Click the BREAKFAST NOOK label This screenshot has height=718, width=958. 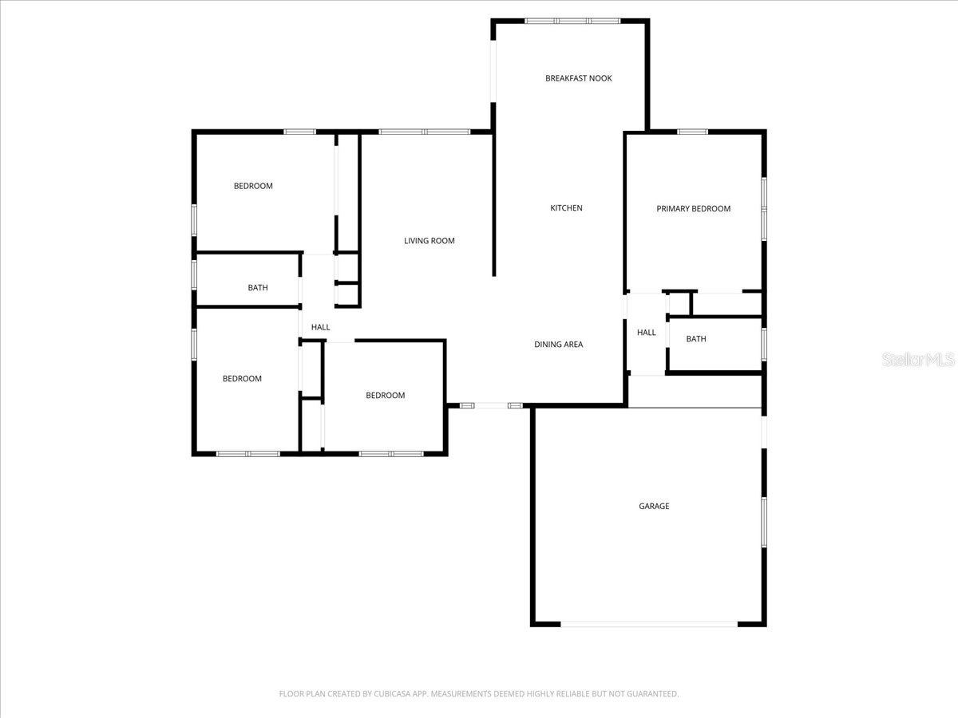[578, 78]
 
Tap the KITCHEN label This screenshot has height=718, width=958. [566, 208]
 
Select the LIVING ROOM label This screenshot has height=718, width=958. [429, 241]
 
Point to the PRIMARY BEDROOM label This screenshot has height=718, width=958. [693, 209]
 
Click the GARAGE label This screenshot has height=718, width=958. [653, 507]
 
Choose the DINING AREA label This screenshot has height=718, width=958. [558, 345]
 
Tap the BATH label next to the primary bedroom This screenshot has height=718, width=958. [696, 339]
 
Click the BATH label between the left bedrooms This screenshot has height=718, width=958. [257, 288]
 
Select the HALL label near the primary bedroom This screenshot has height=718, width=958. [646, 333]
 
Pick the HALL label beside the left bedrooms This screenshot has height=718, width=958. [320, 327]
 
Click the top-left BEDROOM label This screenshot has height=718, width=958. [252, 187]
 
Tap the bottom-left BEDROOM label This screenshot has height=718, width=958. [241, 379]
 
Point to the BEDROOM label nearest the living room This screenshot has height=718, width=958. [385, 396]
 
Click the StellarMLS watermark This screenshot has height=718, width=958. [917, 360]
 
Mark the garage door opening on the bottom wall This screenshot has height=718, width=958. [648, 624]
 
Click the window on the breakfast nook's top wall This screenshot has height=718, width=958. [572, 21]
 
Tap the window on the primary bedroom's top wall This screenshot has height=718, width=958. [692, 132]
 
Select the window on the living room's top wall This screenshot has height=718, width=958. [424, 132]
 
